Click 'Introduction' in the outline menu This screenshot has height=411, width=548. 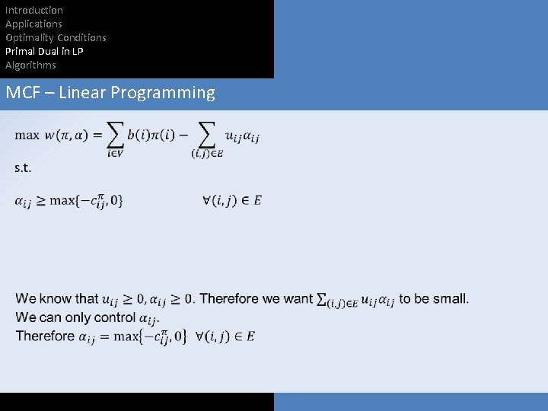coord(34,10)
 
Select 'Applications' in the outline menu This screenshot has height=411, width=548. coord(33,24)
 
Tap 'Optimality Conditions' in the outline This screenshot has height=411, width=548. coord(56,37)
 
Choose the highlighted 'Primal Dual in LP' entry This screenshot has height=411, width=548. coord(44,51)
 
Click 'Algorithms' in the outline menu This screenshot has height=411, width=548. coord(30,65)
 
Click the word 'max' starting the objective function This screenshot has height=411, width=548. coord(27,135)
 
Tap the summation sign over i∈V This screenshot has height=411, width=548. coord(115,135)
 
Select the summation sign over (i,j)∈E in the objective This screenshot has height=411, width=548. coord(206,135)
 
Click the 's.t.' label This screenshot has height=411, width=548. coord(23,167)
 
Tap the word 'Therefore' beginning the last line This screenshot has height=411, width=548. coord(45,336)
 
